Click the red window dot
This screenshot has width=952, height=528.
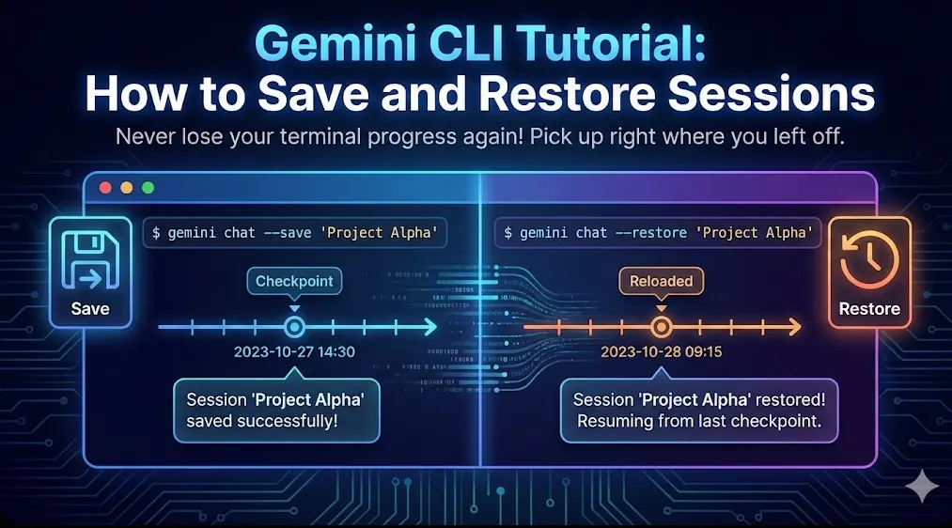click(x=105, y=188)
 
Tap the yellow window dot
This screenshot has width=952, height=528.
click(x=126, y=188)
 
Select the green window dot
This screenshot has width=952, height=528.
click(x=148, y=188)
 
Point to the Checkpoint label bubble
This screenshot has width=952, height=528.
click(x=294, y=281)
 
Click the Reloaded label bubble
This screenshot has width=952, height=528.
click(x=662, y=281)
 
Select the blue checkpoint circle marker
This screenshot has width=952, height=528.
click(x=294, y=327)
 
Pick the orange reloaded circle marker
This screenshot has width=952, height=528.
click(x=662, y=327)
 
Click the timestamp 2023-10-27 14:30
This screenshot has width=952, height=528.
click(x=294, y=352)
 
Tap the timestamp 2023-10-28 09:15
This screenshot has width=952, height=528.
click(x=662, y=352)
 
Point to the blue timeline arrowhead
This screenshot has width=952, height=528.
click(x=431, y=327)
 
